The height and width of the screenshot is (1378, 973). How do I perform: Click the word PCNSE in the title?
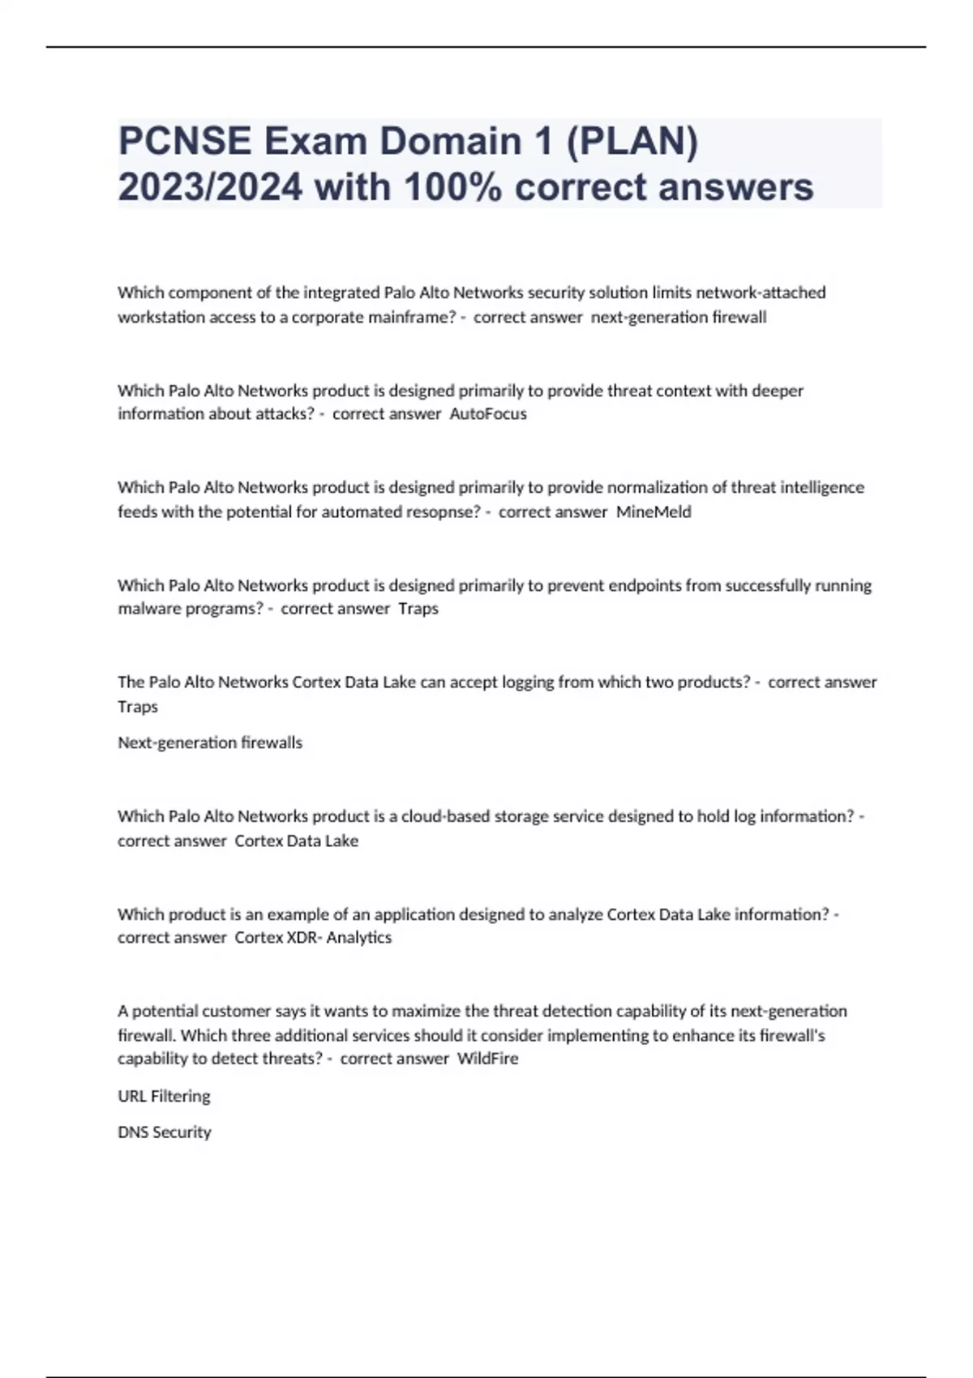[x=185, y=142]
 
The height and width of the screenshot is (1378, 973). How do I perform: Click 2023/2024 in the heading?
[x=210, y=187]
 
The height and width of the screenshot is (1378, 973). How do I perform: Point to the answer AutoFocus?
[x=488, y=414]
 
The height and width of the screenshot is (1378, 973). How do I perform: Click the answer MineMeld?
[x=654, y=512]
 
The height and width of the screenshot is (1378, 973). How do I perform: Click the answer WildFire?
[x=487, y=1059]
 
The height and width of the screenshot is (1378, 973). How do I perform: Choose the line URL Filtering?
[x=164, y=1096]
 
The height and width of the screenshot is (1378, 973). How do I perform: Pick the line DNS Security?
[x=164, y=1132]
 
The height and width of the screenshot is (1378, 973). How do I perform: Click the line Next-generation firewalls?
[x=210, y=742]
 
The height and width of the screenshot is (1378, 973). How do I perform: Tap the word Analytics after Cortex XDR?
[x=359, y=938]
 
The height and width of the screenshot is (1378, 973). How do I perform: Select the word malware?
[x=146, y=609]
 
